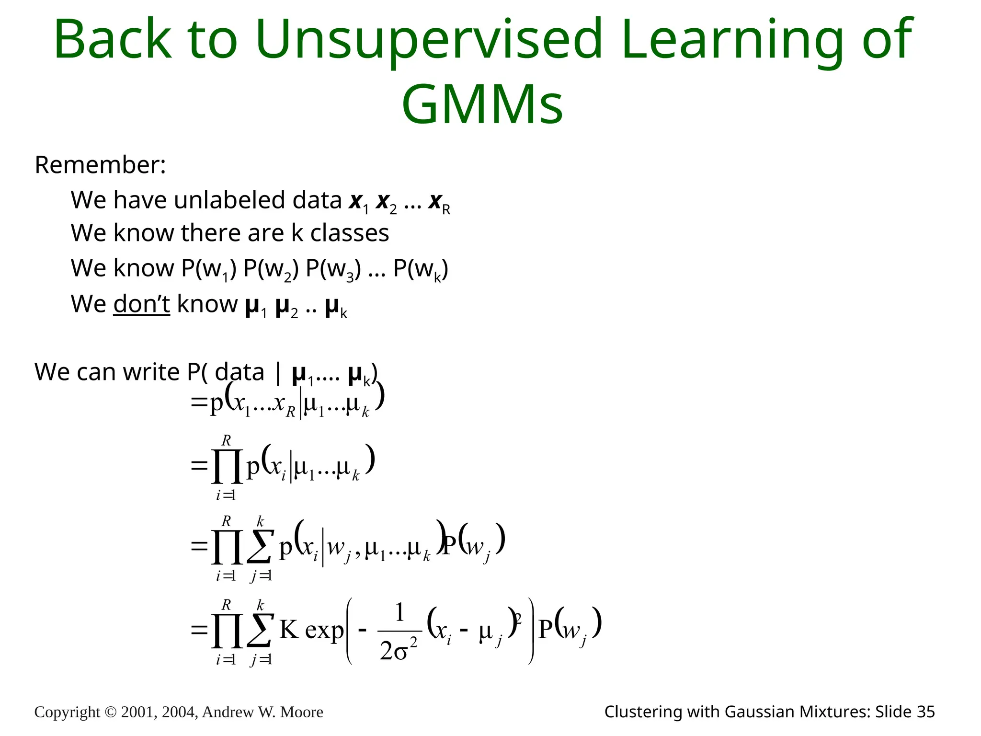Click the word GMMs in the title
pyautogui.click(x=482, y=104)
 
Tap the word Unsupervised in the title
pyautogui.click(x=428, y=39)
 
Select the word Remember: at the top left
pyautogui.click(x=100, y=165)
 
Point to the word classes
pyautogui.click(x=349, y=233)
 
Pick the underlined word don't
pyautogui.click(x=141, y=304)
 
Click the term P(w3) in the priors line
pyautogui.click(x=333, y=269)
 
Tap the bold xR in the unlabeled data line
pyautogui.click(x=439, y=202)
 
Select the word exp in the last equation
pyautogui.click(x=324, y=630)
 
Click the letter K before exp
pyautogui.click(x=289, y=629)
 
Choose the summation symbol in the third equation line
pyautogui.click(x=260, y=546)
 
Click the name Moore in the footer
pyautogui.click(x=301, y=712)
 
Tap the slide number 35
pyautogui.click(x=926, y=712)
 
